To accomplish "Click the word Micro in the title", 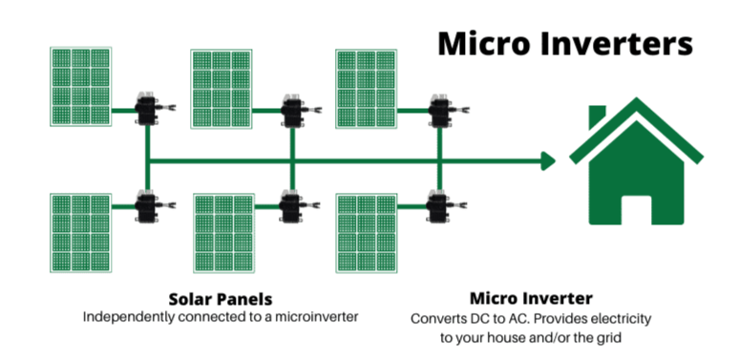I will tap(486, 44).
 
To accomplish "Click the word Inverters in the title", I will tap(620, 44).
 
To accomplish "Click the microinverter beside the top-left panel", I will tap(148, 109).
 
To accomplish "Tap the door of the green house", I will tap(637, 209).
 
